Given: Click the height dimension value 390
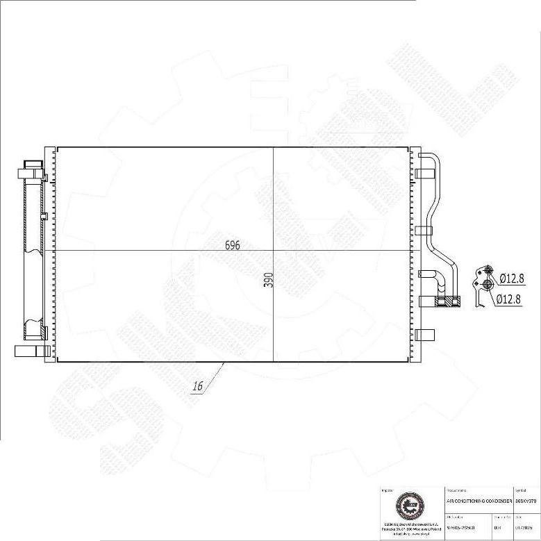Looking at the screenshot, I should (x=269, y=279).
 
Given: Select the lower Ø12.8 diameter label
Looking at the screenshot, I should (x=508, y=299).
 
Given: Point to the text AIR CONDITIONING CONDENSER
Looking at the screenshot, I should (x=478, y=500).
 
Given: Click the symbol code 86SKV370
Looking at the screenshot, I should (x=526, y=500).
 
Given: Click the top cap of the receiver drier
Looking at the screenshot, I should (x=33, y=166).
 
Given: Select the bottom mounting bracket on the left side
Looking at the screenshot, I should (x=29, y=351).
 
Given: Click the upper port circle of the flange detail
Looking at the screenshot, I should (x=488, y=271).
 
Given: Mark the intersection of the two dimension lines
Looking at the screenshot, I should (x=274, y=250).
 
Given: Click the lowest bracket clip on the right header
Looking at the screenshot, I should (x=425, y=335).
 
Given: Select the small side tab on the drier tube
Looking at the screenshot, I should (x=44, y=216).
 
